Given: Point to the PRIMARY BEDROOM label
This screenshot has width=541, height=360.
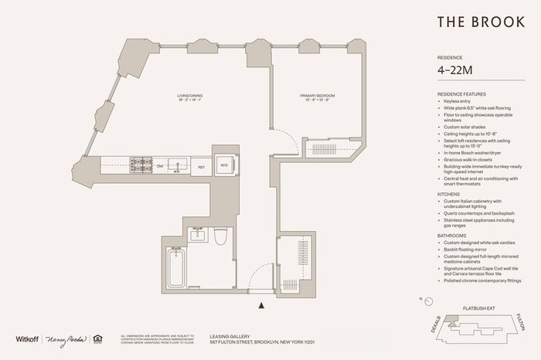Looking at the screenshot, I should tap(318, 97).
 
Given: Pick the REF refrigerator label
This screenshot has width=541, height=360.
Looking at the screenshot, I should tap(201, 167).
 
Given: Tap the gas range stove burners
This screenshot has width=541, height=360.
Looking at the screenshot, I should tap(141, 165).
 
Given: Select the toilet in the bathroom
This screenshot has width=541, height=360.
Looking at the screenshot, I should tap(219, 237).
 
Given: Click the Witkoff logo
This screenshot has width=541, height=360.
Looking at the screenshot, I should tap(28, 339).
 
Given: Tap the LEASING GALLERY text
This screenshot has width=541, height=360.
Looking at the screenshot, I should tap(230, 336).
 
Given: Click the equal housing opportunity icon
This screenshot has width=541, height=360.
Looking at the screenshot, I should tap(97, 338).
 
